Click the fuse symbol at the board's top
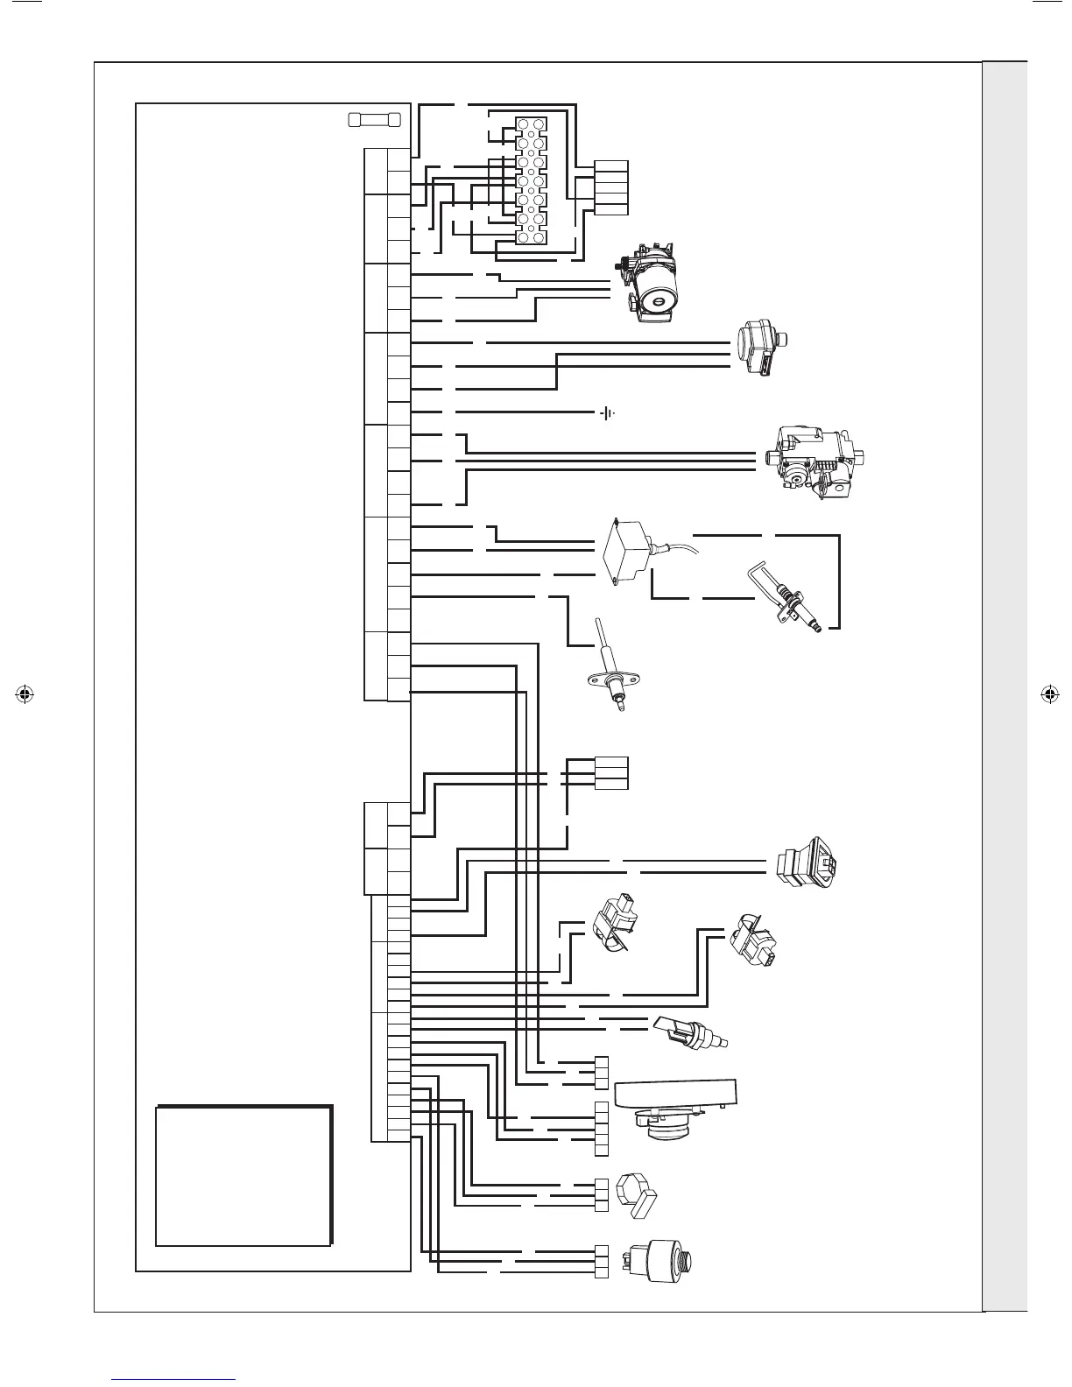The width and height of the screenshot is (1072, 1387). click(374, 119)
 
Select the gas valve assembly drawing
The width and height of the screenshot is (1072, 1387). click(815, 461)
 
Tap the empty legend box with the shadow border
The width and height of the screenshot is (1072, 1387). click(243, 1175)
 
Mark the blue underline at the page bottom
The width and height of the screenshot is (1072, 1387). click(174, 1379)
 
